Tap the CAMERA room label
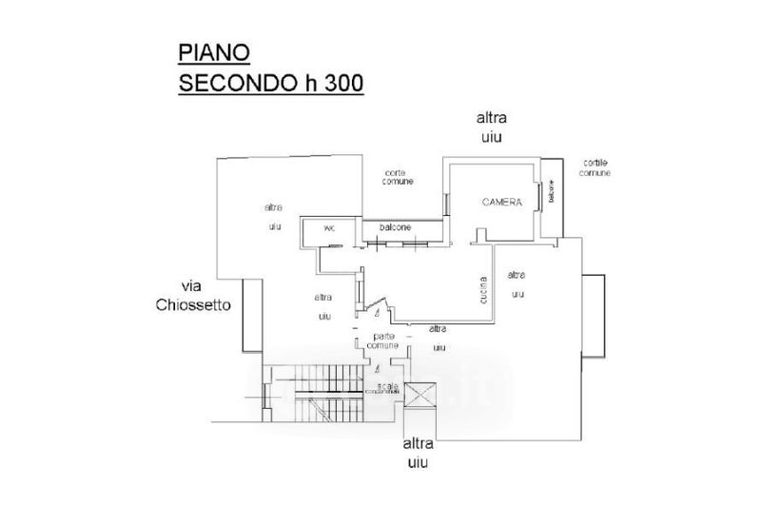pos(501,202)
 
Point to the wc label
pos(329,228)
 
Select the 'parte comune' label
pos(384,341)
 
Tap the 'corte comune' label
pos(398,177)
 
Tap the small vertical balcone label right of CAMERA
pos(549,193)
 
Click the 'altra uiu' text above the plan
pos(491,127)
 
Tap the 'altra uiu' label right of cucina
pos(517,284)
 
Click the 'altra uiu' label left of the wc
pos(274,217)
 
